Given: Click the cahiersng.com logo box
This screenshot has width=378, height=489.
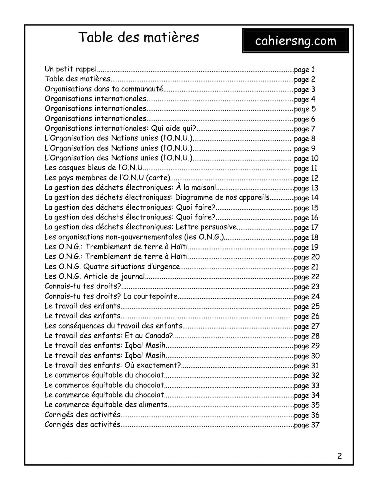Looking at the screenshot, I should coord(295,41).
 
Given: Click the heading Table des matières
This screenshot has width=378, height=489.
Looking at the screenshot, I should coord(138,37).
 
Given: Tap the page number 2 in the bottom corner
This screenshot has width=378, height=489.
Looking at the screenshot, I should coord(339,456).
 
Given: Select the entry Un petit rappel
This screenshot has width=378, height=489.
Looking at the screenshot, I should coord(71,69).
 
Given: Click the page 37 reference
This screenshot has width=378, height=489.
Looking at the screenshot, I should coord(307,425).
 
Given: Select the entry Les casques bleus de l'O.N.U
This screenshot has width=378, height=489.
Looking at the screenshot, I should coord(94,168).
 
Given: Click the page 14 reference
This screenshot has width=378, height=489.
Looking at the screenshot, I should coord(306,198).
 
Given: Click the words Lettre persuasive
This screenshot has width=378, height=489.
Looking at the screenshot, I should coord(206,227).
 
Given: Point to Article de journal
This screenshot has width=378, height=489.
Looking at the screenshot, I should coord(114,277).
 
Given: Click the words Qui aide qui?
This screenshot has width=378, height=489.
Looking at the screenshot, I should coord(174,129).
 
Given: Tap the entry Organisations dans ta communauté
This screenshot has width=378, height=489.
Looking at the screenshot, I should coord(104,89).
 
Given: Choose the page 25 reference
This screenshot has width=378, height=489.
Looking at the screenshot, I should coord(307,307).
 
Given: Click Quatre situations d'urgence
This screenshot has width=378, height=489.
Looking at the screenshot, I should coord(132,267).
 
